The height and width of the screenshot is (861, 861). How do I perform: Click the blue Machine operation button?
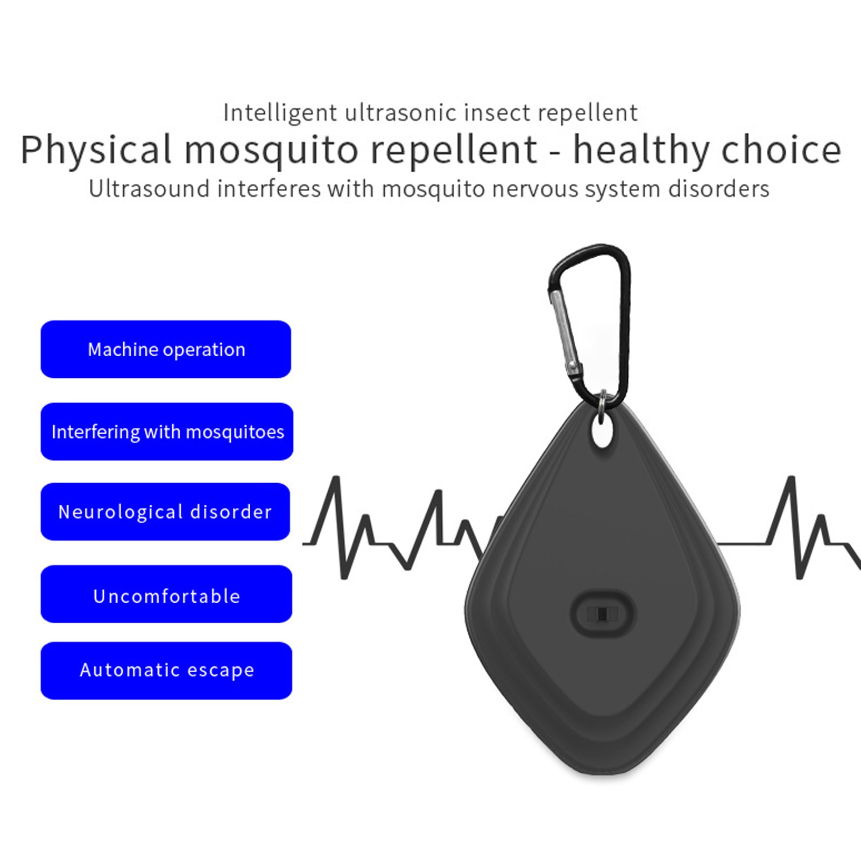pos(166,349)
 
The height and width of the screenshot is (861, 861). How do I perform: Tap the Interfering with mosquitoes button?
pos(167,432)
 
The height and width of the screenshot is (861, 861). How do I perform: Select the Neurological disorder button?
pos(165,512)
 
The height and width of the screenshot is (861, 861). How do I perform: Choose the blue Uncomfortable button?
pos(166,594)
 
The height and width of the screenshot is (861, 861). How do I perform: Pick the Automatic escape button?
pos(166,671)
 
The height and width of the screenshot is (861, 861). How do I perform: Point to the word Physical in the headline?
pos(96,150)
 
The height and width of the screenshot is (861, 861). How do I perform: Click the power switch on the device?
pos(603,614)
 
